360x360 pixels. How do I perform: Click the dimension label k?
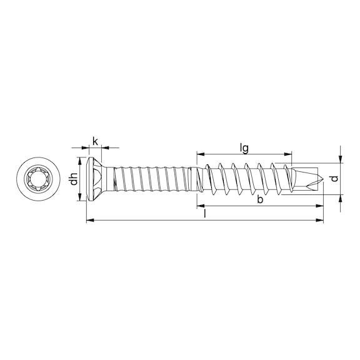coord(95,140)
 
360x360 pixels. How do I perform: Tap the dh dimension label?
coord(74,179)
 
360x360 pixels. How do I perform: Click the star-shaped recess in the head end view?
coord(36,179)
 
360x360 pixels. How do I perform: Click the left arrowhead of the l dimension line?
coord(88,220)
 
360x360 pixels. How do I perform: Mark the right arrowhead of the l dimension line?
coord(321,220)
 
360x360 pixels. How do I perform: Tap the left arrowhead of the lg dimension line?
coord(200,153)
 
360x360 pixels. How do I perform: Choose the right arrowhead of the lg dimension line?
coord(289,153)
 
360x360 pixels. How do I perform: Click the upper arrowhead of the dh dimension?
coord(80,159)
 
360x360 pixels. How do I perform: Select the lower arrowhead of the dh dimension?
coord(80,198)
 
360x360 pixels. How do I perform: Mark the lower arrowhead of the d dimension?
coord(340,198)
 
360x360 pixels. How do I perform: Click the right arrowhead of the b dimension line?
coord(321,205)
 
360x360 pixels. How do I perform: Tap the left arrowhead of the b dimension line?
coord(200,205)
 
